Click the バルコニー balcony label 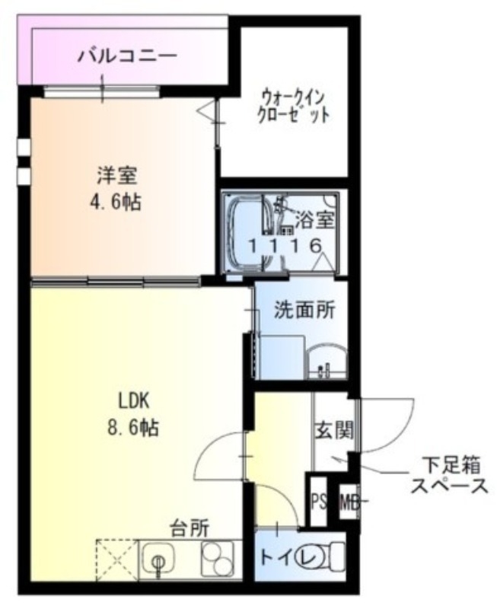(x=128, y=56)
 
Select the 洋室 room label (x=116, y=175)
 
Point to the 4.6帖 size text (x=116, y=203)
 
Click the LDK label (x=136, y=400)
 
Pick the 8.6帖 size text (x=132, y=428)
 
